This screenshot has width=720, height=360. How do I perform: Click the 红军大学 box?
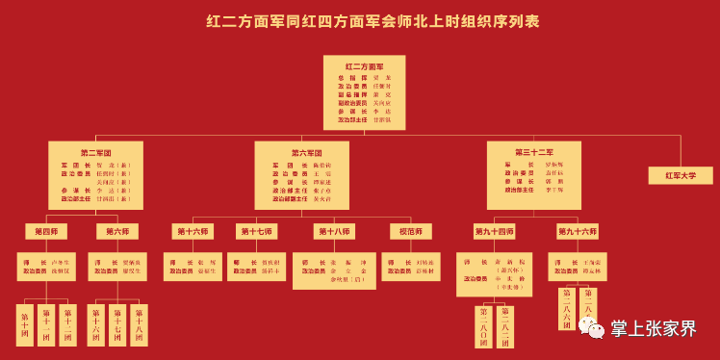(680, 175)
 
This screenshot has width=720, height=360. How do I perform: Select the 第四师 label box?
(46, 231)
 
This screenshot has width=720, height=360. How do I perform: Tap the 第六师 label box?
(117, 231)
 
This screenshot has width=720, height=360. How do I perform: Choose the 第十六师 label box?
(193, 231)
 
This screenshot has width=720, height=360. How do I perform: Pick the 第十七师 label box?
(256, 231)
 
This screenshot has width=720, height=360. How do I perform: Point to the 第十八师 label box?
(334, 231)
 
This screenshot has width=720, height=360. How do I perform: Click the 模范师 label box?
(410, 231)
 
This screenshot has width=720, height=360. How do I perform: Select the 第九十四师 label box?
(494, 231)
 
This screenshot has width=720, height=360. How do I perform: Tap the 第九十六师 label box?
(577, 231)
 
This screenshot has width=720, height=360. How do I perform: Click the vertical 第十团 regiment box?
(24, 324)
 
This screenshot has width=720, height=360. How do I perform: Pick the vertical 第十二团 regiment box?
(67, 324)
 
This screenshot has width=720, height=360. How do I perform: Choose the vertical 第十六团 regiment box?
(95, 324)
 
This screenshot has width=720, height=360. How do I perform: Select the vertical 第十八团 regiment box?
(139, 324)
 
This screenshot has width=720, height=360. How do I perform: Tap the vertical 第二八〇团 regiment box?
(483, 326)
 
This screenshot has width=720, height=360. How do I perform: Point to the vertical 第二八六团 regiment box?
(567, 309)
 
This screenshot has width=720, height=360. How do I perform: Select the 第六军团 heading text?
(306, 152)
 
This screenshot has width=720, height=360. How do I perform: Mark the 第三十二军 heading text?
(533, 152)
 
